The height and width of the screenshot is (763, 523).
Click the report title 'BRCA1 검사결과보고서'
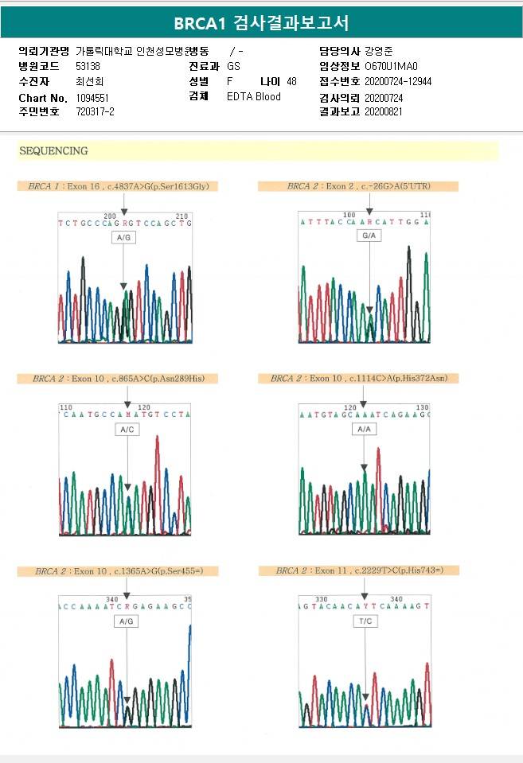point(261,22)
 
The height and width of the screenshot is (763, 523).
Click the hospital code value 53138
point(88,67)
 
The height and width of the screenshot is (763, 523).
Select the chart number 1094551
point(92,97)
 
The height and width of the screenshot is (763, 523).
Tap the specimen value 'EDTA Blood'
point(254,97)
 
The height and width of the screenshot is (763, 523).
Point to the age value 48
point(291,82)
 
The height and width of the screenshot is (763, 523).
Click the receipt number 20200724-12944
point(398,82)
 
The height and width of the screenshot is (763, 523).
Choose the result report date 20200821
point(384,112)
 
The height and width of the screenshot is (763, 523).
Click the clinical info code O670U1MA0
point(391,67)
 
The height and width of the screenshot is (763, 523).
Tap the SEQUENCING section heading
point(53,150)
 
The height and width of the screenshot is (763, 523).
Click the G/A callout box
point(369,237)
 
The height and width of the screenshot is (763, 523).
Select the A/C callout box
point(127,430)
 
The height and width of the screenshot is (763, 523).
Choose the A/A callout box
point(364,429)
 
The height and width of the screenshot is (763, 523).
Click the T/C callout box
point(365,621)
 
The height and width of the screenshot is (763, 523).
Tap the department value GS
point(233,67)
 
